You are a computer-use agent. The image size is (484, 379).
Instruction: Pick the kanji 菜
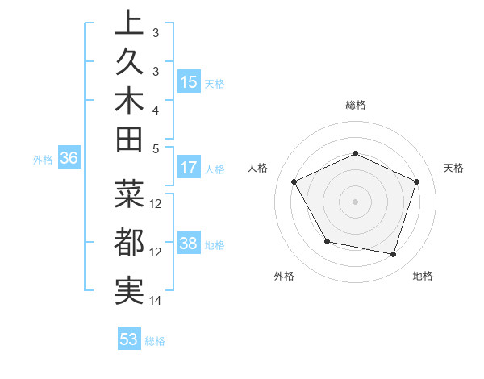click(x=129, y=196)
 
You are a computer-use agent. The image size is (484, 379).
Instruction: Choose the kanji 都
click(x=129, y=243)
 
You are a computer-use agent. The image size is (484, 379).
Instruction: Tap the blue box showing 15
click(x=189, y=82)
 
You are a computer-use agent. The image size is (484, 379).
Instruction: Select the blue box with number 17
click(x=189, y=169)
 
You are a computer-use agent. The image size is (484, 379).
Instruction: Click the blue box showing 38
click(x=189, y=244)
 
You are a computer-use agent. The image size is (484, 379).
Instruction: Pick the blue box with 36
click(x=69, y=159)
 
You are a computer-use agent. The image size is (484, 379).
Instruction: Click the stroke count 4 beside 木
click(x=155, y=109)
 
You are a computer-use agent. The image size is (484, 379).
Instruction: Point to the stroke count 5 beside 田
click(x=155, y=148)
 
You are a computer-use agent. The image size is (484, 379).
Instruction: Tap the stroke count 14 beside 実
click(x=156, y=301)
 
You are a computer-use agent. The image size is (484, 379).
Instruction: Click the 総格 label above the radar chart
click(x=356, y=105)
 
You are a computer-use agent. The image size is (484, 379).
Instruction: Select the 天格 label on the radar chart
click(x=453, y=168)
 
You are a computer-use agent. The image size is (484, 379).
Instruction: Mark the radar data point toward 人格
click(x=294, y=181)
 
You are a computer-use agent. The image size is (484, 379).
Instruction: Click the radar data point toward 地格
click(x=393, y=254)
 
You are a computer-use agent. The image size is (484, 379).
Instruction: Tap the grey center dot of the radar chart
click(x=356, y=201)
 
